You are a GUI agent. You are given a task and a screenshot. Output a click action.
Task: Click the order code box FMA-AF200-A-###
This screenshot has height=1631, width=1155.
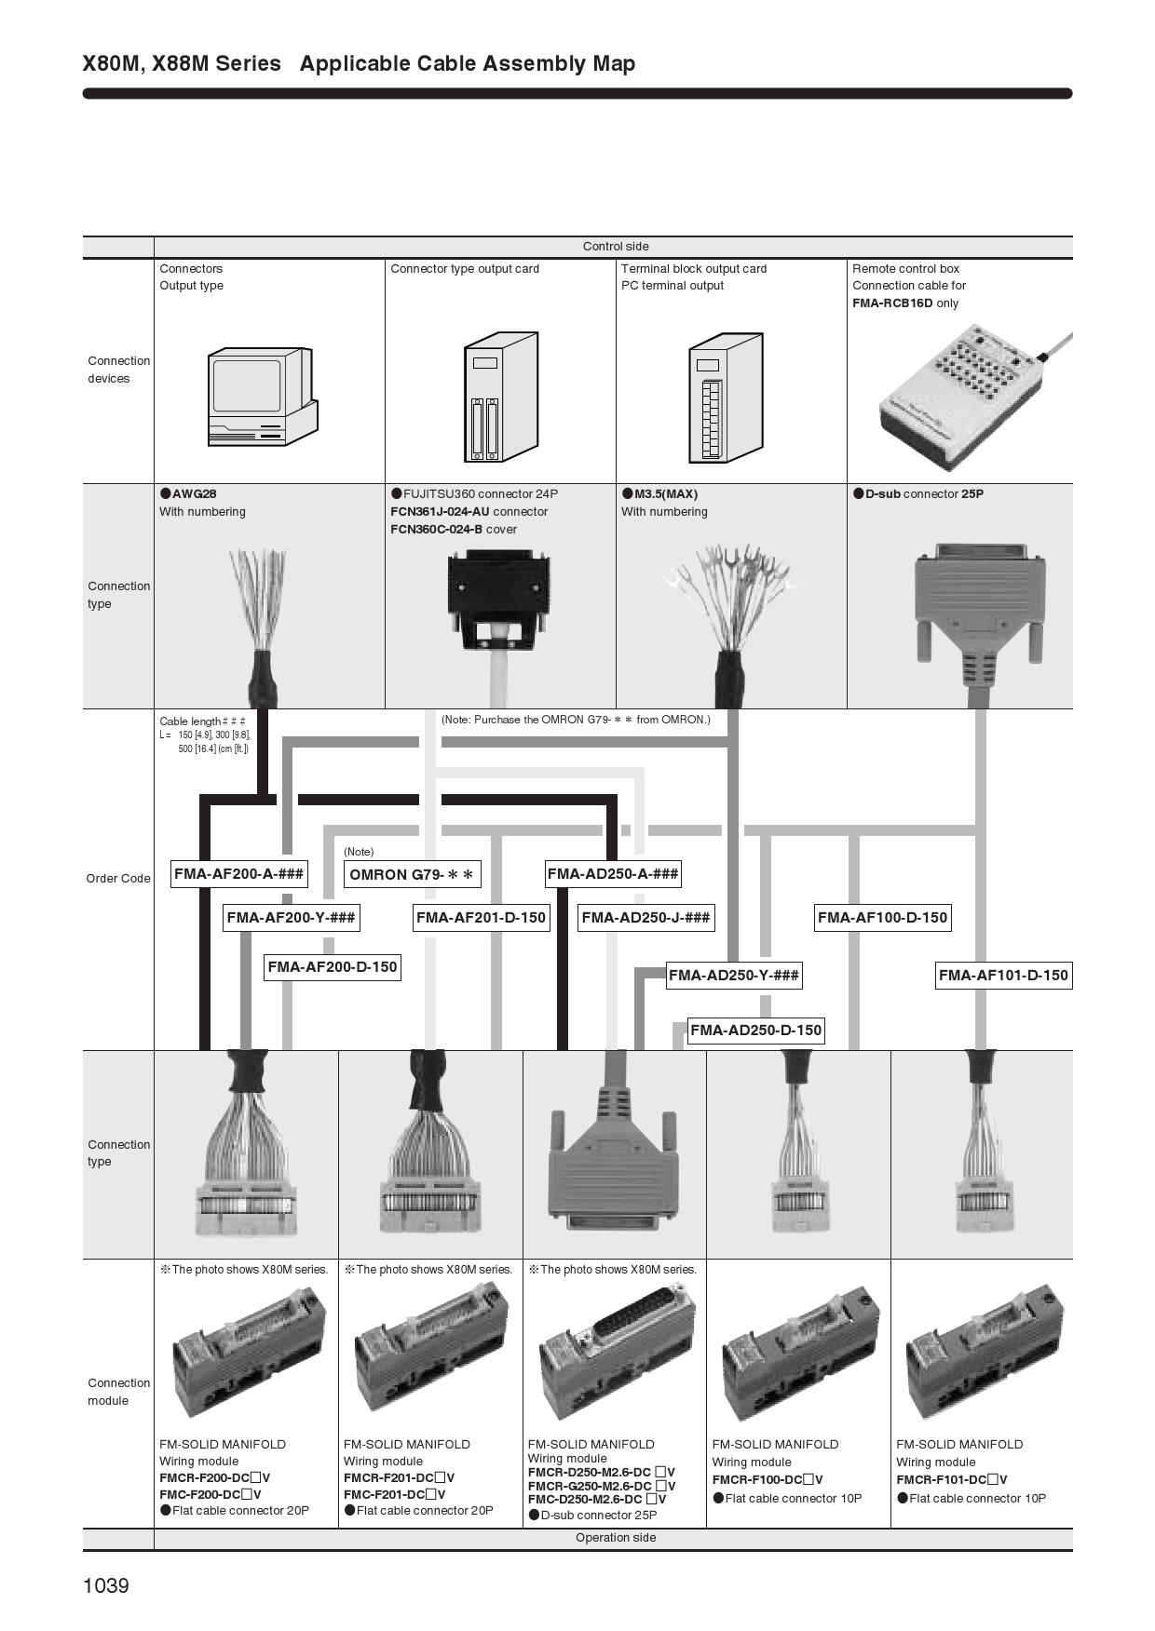238,874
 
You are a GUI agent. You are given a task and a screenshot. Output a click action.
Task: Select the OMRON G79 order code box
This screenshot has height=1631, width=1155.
412,875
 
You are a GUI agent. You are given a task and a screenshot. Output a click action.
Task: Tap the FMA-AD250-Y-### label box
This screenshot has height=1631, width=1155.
734,976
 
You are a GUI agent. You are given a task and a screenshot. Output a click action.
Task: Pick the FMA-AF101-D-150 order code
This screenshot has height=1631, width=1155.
1003,976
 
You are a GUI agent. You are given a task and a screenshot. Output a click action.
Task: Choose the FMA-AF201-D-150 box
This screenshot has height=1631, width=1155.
481,918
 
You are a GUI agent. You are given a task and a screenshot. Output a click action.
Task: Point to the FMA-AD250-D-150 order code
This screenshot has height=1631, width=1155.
755,1030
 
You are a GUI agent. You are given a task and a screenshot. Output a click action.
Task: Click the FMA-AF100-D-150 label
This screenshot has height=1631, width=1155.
882,918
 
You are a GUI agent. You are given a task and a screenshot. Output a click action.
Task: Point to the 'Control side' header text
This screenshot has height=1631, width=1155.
616,247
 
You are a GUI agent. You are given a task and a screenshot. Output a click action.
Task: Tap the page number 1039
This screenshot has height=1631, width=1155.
106,1585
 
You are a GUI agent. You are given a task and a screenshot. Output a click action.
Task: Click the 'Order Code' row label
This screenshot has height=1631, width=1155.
118,879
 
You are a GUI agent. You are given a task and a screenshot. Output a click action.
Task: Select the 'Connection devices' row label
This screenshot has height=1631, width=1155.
118,370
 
